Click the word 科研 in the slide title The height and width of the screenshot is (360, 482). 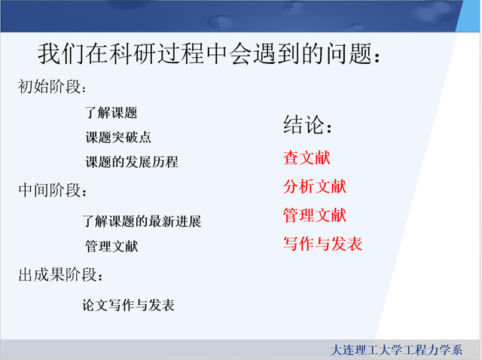pyautogui.click(x=134, y=54)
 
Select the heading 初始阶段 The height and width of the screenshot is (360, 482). pyautogui.click(x=49, y=87)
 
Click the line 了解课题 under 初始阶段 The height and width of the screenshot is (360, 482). pyautogui.click(x=111, y=112)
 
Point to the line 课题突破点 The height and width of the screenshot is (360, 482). pyautogui.click(x=118, y=137)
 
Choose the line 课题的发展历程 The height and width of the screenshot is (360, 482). pyautogui.click(x=132, y=162)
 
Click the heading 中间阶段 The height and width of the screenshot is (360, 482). pyautogui.click(x=49, y=190)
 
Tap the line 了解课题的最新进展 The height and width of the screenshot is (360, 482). pyautogui.click(x=142, y=221)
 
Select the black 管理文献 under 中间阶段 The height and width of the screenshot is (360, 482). pyautogui.click(x=111, y=246)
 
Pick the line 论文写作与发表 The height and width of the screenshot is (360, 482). pyautogui.click(x=128, y=305)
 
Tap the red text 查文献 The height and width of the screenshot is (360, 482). pyautogui.click(x=307, y=157)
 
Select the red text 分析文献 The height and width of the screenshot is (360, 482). pyautogui.click(x=315, y=186)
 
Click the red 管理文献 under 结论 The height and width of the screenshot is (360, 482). pyautogui.click(x=315, y=215)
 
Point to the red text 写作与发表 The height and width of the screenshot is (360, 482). pyautogui.click(x=323, y=244)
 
